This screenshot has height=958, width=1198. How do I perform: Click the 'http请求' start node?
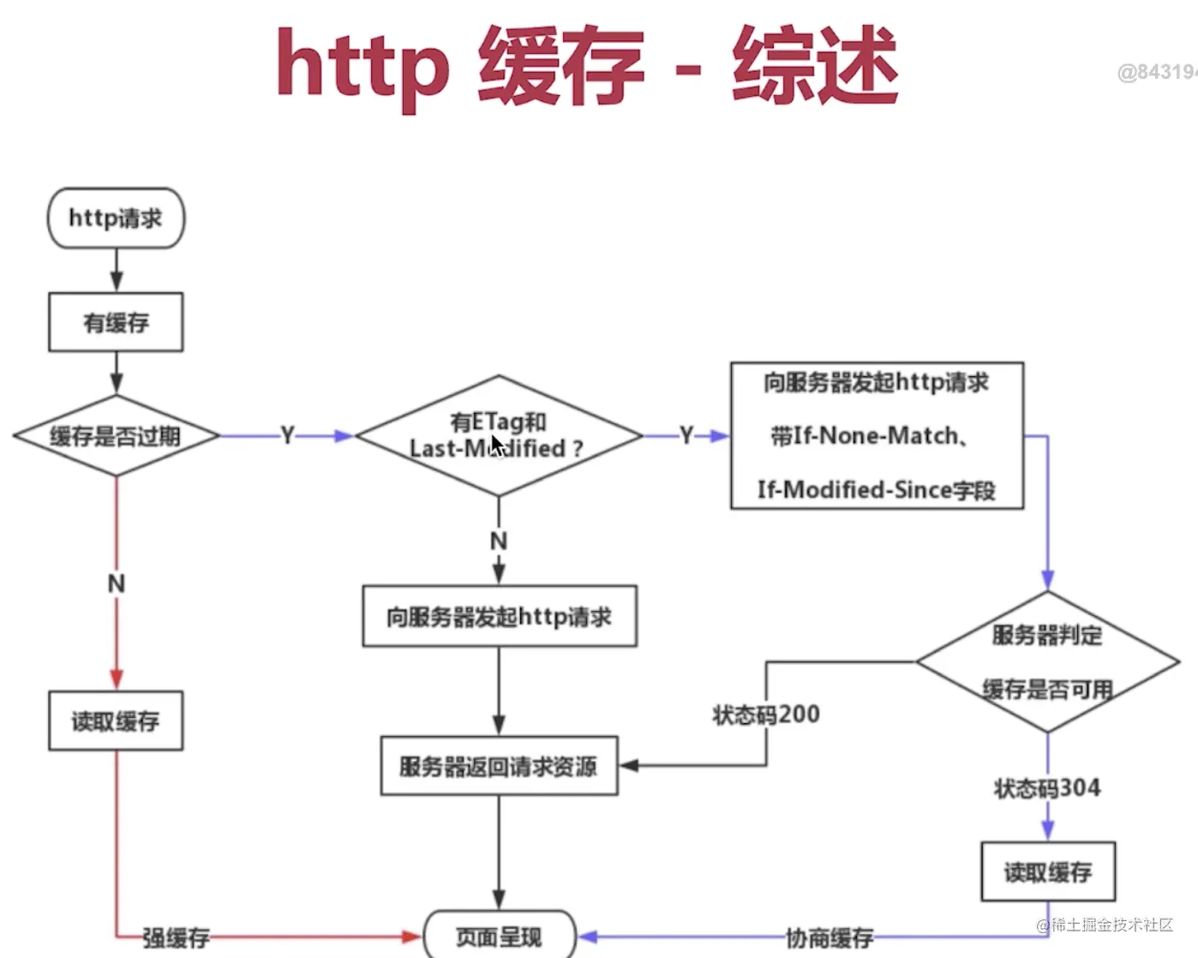coord(116,219)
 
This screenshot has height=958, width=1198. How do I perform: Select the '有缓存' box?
coord(116,322)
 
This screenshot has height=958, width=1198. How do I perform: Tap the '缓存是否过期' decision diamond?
coord(116,436)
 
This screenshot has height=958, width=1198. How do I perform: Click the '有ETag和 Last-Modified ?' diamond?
coord(498,435)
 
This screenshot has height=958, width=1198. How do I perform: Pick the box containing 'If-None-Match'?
coord(877,435)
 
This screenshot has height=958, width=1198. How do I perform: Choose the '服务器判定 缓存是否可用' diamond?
coord(1047,662)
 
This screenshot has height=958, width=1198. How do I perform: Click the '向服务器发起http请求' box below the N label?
coord(499,616)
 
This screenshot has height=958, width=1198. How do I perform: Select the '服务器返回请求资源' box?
coord(499,766)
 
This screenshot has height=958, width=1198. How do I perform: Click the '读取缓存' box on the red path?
coord(116,721)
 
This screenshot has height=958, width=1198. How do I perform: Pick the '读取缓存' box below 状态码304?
coord(1047,872)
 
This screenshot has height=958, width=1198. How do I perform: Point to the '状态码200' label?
coord(766,714)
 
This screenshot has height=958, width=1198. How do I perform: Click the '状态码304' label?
coord(1047,787)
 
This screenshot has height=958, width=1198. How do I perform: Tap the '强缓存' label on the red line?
coord(176,937)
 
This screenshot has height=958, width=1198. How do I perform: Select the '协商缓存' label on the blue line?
coord(829,937)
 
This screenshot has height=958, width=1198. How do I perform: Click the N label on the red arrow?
coord(117,584)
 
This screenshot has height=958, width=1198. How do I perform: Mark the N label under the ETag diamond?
coord(499,542)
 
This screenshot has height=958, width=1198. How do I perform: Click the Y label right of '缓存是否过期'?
coord(288,436)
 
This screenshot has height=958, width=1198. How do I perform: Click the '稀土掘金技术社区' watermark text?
coord(1111,925)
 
